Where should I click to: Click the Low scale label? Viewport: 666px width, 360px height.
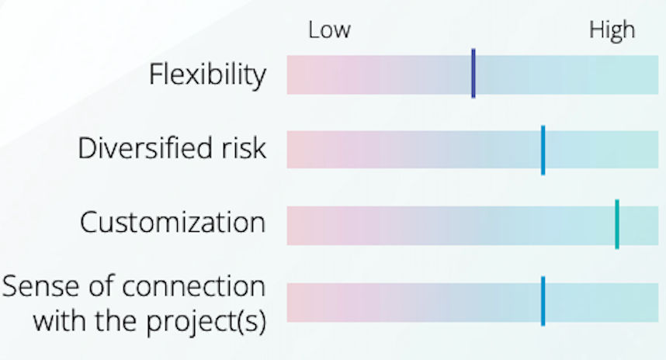pyautogui.click(x=329, y=30)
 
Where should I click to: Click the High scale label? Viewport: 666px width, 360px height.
pyautogui.click(x=612, y=30)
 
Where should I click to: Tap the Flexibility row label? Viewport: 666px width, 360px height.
pyautogui.click(x=207, y=75)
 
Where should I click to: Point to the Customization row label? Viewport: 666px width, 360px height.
pyautogui.click(x=172, y=223)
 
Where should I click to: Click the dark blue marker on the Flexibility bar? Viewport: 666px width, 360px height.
pyautogui.click(x=473, y=74)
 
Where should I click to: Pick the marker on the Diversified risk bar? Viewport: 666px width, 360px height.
pyautogui.click(x=543, y=150)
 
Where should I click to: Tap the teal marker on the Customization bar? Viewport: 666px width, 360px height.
pyautogui.click(x=617, y=224)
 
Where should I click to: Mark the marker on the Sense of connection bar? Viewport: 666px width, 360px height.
pyautogui.click(x=543, y=301)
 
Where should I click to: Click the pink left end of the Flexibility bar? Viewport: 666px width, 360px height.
pyautogui.click(x=299, y=74)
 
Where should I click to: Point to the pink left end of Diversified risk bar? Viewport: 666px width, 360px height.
pyautogui.click(x=299, y=150)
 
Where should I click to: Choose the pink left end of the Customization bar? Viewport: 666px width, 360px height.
pyautogui.click(x=299, y=226)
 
